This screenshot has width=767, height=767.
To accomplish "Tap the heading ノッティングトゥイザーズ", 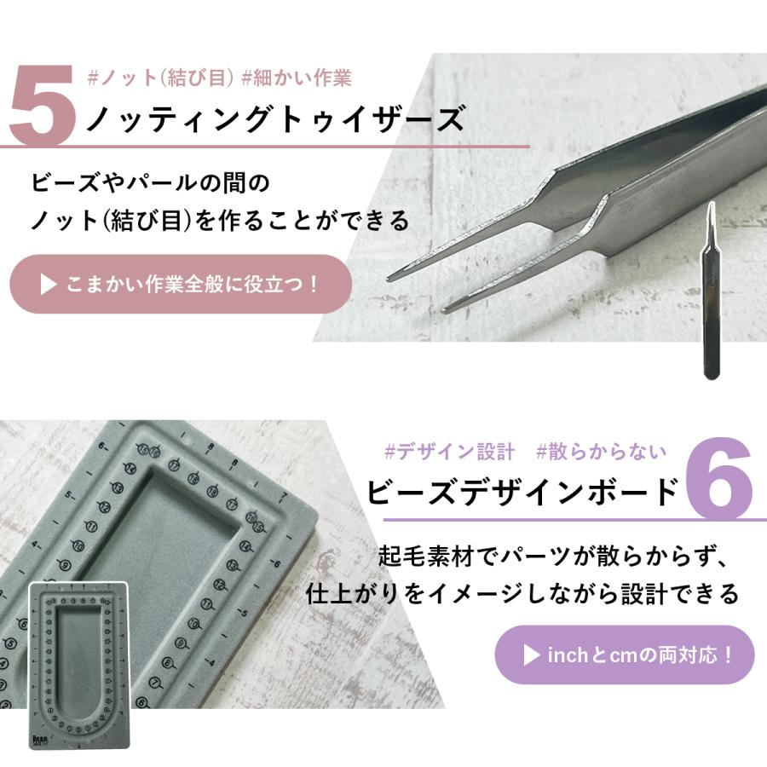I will (274, 119).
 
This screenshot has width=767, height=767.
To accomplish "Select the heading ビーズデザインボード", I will (523, 492).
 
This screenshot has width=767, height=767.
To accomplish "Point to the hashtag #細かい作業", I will (297, 78).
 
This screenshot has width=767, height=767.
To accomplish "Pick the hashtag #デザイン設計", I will (449, 451).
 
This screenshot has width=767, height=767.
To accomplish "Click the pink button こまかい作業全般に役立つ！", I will (181, 284).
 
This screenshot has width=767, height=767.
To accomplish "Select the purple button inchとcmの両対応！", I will (625, 655).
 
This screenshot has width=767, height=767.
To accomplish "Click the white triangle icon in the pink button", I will (49, 284).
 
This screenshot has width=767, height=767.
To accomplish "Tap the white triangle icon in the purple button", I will (531, 655).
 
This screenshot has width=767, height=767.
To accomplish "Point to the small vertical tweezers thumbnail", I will (710, 290).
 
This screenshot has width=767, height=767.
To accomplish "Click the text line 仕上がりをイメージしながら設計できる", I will (522, 594).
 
